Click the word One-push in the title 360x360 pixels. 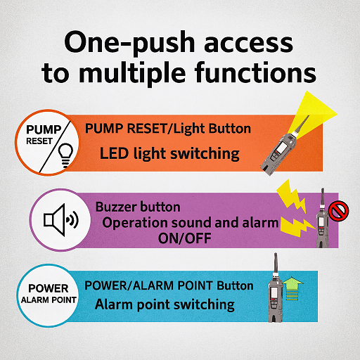(129, 44)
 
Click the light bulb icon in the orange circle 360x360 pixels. (65, 155)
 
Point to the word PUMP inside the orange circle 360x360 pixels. (44, 129)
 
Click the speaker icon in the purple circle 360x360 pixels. (61, 220)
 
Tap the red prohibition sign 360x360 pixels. (338, 211)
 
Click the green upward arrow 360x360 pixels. (292, 288)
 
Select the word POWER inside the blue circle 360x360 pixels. (49, 288)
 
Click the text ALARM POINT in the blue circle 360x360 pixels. (49, 300)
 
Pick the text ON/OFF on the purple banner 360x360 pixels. (185, 238)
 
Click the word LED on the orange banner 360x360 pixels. (114, 153)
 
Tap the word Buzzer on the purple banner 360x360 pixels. (116, 207)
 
